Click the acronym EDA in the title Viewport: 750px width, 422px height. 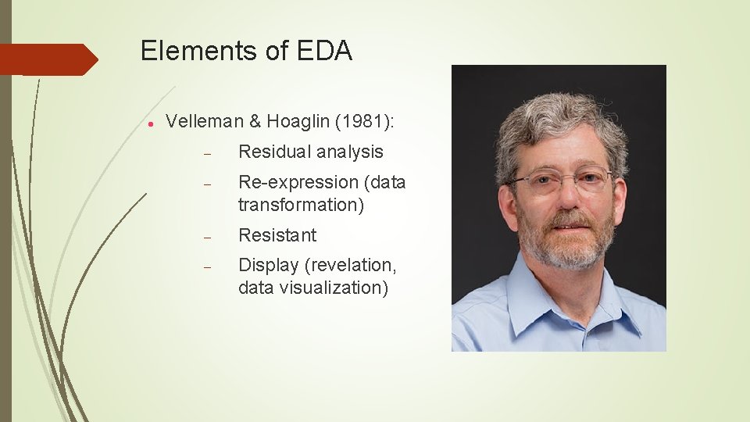tap(325, 52)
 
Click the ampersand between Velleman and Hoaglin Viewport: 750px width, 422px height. tap(254, 121)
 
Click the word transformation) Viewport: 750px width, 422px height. tap(301, 205)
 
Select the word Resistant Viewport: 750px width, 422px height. tap(277, 235)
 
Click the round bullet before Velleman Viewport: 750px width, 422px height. tap(148, 123)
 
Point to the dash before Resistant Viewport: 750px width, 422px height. tap(208, 236)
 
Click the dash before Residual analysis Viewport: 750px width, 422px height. tap(208, 153)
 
